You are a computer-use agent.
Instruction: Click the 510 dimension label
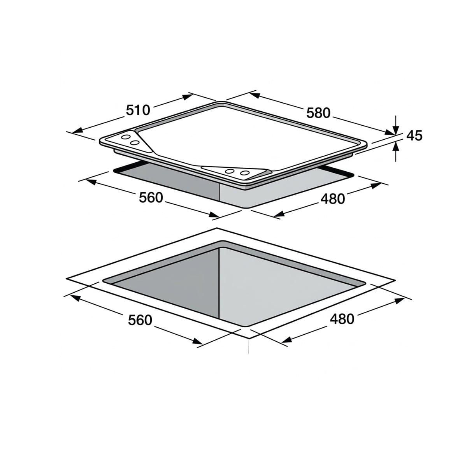pyautogui.click(x=138, y=110)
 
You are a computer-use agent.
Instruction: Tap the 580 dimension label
pyautogui.click(x=318, y=113)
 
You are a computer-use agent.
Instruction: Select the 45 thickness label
pyautogui.click(x=414, y=136)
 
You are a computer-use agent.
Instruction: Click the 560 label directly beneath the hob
pyautogui.click(x=151, y=198)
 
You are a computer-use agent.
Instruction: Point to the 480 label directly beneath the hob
pyautogui.click(x=333, y=199)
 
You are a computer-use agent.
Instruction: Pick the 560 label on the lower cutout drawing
pyautogui.click(x=140, y=320)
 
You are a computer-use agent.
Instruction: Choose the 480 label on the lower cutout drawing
pyautogui.click(x=342, y=319)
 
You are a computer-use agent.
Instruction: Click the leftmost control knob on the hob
pyautogui.click(x=126, y=137)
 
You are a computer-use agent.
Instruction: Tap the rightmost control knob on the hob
pyautogui.click(x=245, y=173)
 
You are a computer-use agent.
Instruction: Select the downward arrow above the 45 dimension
pyautogui.click(x=395, y=125)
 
